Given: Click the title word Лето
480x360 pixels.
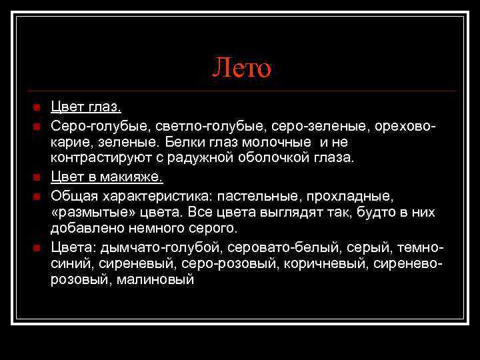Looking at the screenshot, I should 242,67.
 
